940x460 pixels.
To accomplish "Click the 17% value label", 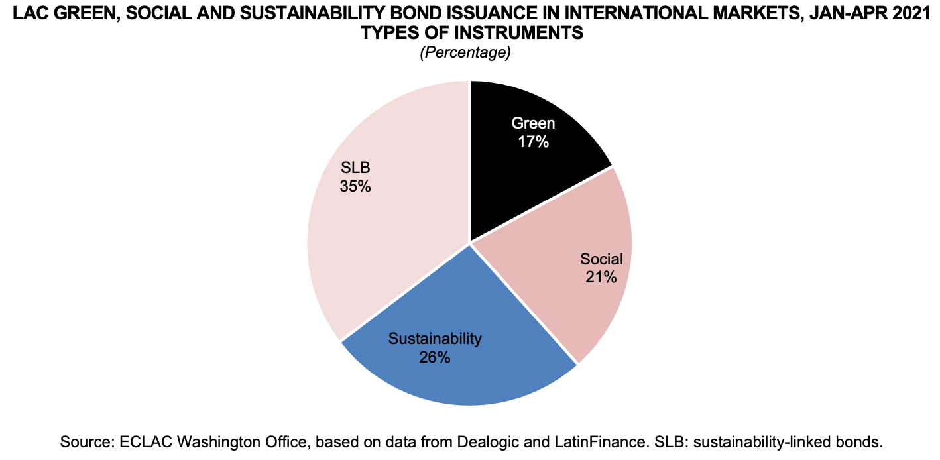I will pos(534,141).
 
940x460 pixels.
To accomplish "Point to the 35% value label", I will pos(355,186).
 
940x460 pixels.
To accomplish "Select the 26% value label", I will pos(435,357).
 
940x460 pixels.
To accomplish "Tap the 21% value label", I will pos(601,277).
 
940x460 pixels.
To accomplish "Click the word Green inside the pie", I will pos(534,123).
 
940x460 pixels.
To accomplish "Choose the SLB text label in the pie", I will pos(355,168).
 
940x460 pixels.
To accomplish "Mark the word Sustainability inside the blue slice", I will pos(435,339).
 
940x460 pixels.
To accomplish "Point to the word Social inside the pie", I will pos(601,259).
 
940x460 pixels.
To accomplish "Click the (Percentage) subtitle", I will pos(465,53).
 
